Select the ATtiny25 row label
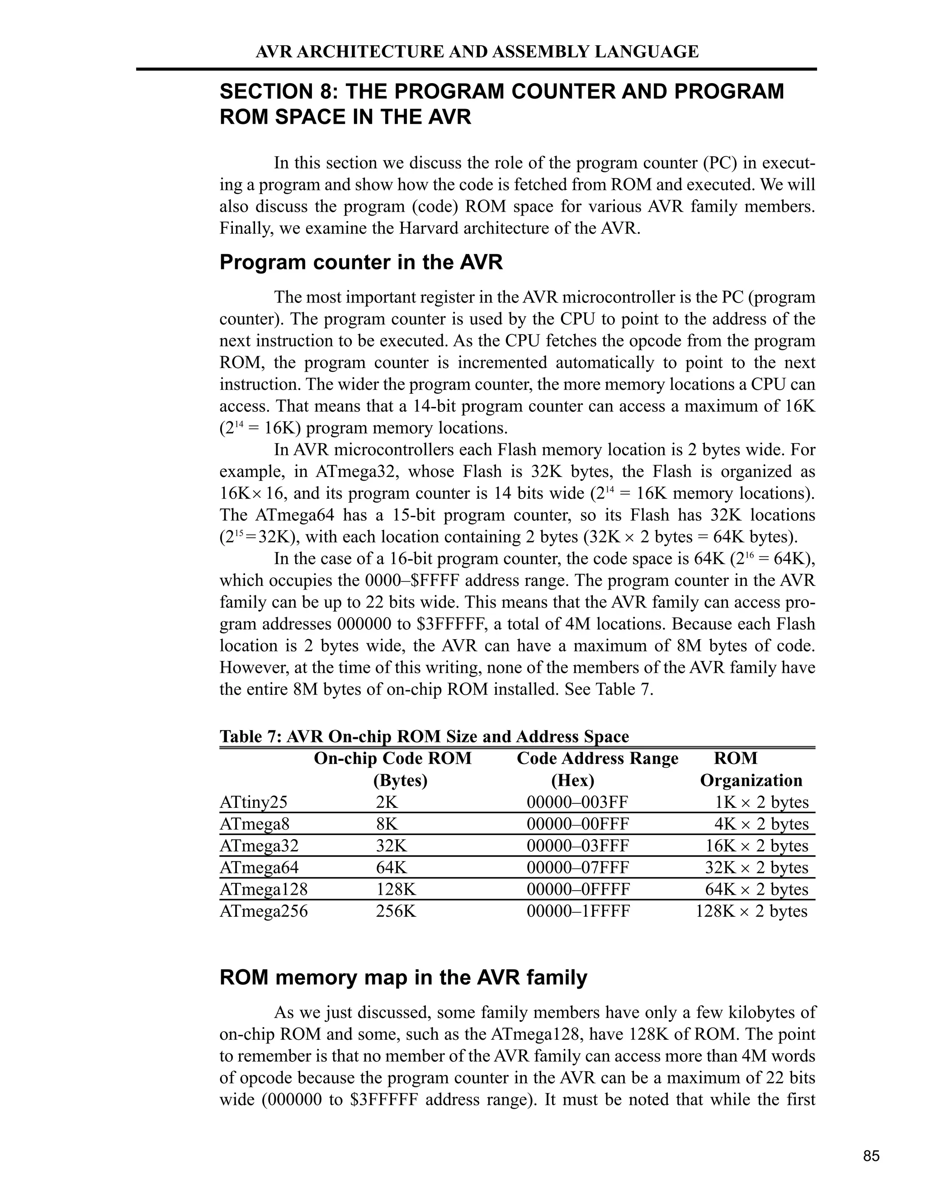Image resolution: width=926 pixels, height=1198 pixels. pyautogui.click(x=254, y=802)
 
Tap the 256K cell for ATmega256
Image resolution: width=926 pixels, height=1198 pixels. pyautogui.click(x=396, y=911)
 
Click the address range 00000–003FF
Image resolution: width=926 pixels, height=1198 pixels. pyautogui.click(x=577, y=802)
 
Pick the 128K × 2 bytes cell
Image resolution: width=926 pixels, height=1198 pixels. pyautogui.click(x=751, y=911)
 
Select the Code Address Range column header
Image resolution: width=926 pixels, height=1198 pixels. pyautogui.click(x=597, y=759)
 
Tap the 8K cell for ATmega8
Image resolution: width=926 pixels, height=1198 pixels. pyautogui.click(x=387, y=824)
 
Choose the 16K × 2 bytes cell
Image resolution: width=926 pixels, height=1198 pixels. pyautogui.click(x=756, y=845)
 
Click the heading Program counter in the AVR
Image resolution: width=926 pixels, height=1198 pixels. pyautogui.click(x=361, y=262)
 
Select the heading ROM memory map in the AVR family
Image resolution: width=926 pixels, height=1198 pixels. pyautogui.click(x=403, y=977)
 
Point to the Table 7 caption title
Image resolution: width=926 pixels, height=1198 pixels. pyautogui.click(x=424, y=736)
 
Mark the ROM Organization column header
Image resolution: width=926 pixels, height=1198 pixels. pyautogui.click(x=751, y=769)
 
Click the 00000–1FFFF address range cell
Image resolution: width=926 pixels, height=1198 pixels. pyautogui.click(x=578, y=911)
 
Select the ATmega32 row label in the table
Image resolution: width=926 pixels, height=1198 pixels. pyautogui.click(x=259, y=845)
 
